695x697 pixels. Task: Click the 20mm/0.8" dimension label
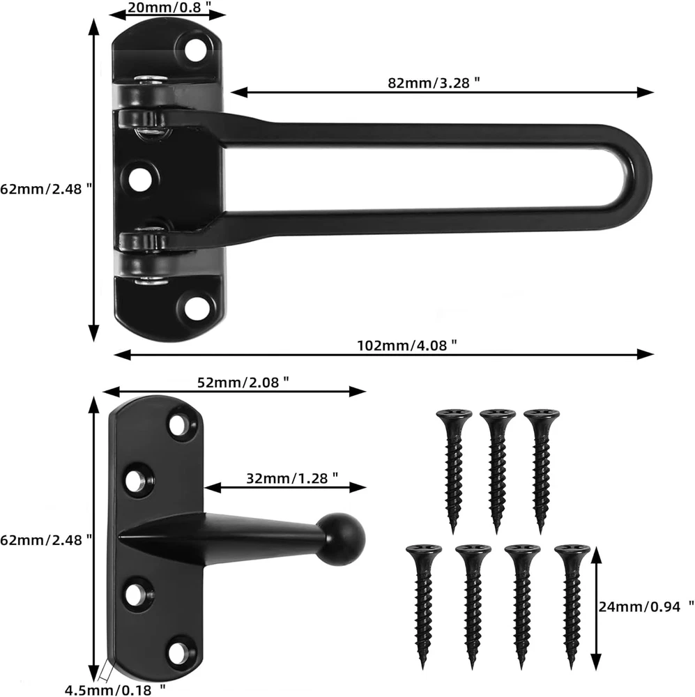[x=169, y=7]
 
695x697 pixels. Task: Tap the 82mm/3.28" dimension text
[x=434, y=83]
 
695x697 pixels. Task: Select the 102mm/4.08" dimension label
[x=407, y=346]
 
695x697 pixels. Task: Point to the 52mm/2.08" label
[x=243, y=382]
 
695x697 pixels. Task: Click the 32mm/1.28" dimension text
[x=292, y=478]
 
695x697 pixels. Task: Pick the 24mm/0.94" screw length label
[x=646, y=606]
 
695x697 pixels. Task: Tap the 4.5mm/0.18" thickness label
[x=115, y=690]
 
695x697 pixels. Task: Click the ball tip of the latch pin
[x=342, y=539]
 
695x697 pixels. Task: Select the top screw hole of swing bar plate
[x=194, y=49]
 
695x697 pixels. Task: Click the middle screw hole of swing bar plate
[x=139, y=178]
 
